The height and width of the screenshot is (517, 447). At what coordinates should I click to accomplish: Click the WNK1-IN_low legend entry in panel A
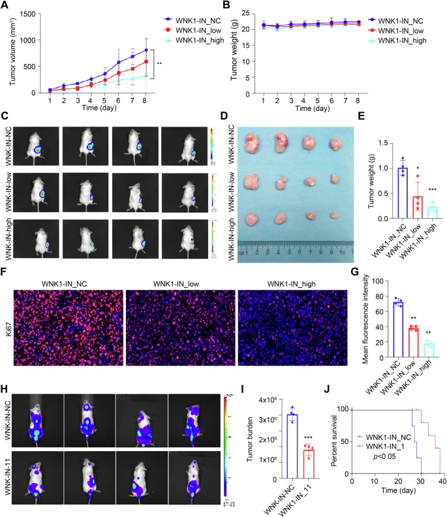(x=190, y=31)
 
